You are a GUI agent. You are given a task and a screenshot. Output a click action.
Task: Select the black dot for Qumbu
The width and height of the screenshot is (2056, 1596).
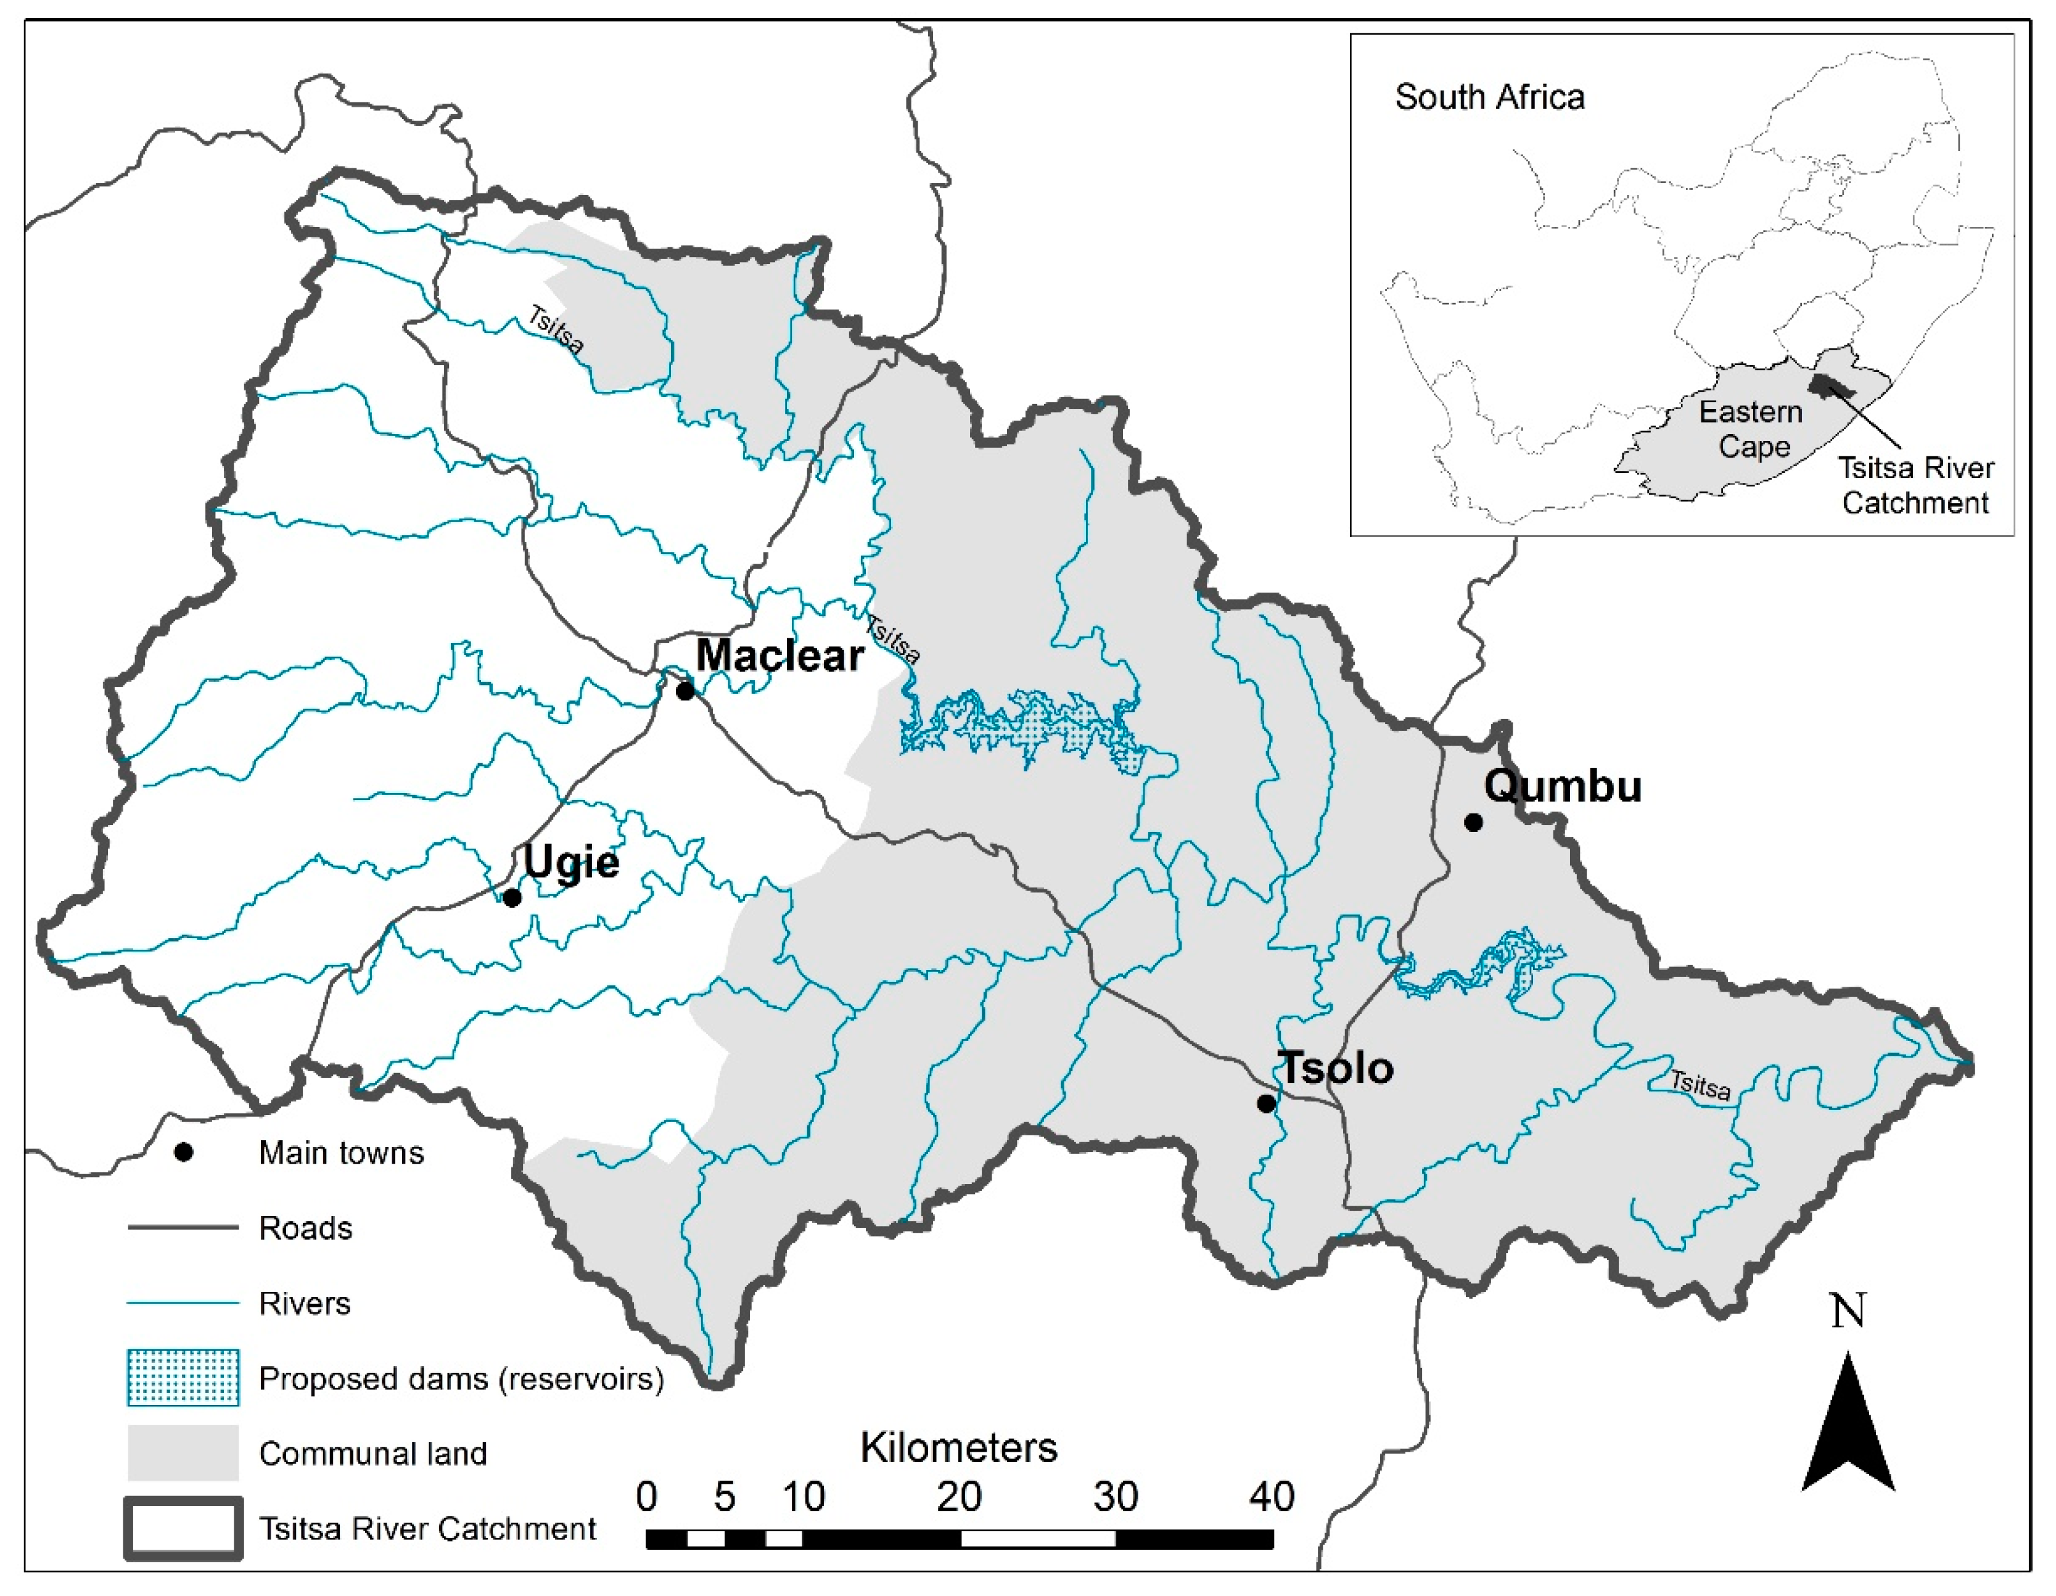tap(1473, 823)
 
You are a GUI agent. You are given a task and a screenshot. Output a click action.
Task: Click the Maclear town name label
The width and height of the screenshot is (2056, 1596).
tap(779, 656)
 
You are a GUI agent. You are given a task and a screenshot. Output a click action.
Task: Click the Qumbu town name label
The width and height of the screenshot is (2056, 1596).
tap(1563, 786)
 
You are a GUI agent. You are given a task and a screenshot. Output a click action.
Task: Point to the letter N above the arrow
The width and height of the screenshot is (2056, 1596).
tap(1848, 1310)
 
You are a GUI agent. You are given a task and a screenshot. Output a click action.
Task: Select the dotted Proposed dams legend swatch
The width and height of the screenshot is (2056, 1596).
tap(184, 1378)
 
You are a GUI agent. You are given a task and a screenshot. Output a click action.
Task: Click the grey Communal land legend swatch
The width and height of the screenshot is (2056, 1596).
tap(184, 1453)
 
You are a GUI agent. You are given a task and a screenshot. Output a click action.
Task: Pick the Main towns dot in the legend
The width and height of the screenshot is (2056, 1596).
tap(184, 1153)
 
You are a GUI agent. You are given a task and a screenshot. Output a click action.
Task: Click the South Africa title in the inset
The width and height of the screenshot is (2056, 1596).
tap(1489, 97)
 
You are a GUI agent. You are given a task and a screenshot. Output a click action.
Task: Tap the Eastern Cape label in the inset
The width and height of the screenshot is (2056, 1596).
tap(1751, 429)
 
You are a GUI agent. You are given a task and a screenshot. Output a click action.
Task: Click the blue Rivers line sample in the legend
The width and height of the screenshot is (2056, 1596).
tap(184, 1303)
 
